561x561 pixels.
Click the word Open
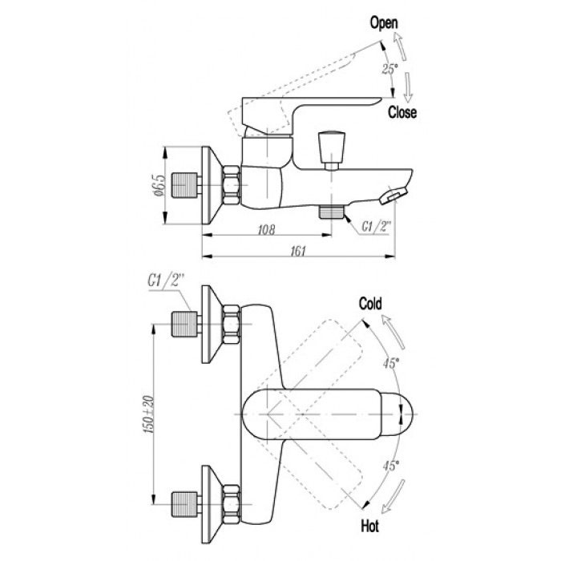point(384,24)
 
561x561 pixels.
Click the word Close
point(402,113)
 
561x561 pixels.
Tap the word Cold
point(369,304)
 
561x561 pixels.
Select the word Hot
point(370,526)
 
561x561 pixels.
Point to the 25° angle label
point(389,70)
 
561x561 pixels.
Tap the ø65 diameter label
point(159,185)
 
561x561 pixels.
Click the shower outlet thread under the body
point(331,212)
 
